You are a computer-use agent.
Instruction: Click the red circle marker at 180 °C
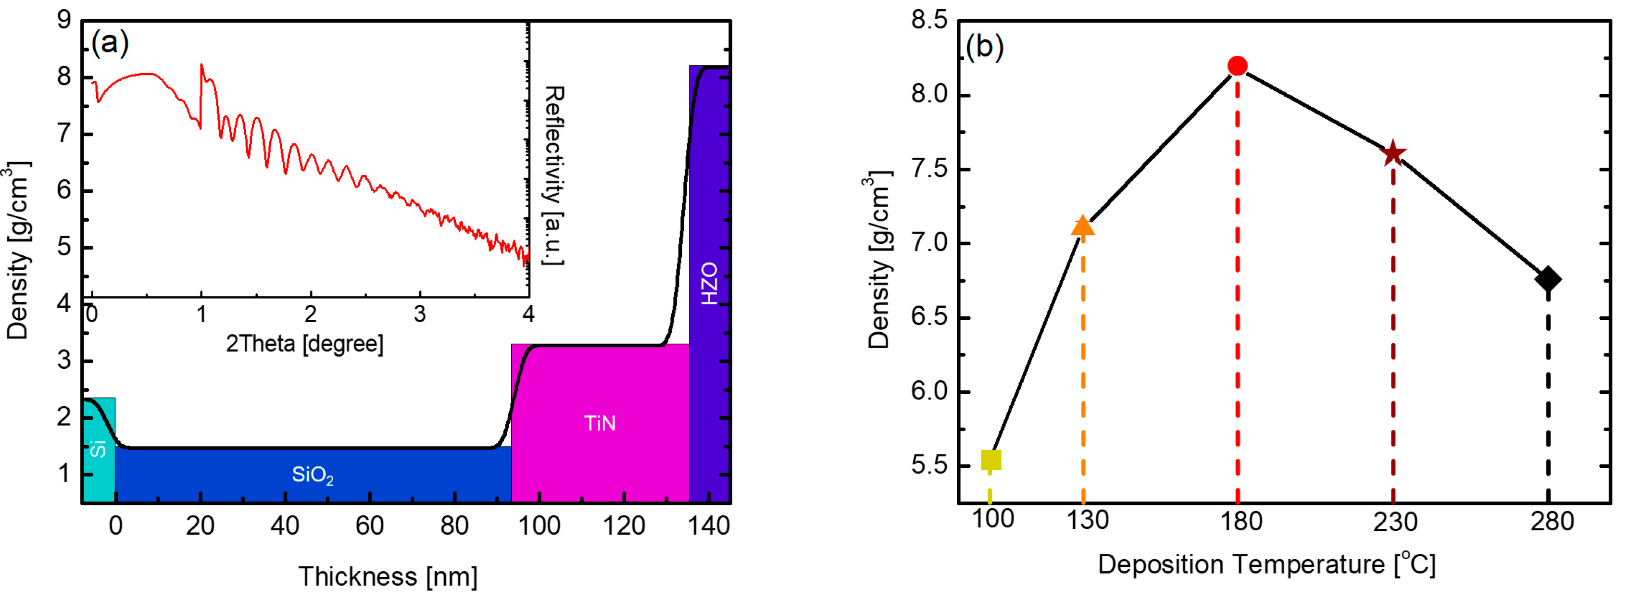(x=1237, y=66)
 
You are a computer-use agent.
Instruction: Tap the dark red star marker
(x=1393, y=154)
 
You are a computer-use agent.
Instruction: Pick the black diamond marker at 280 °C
(x=1548, y=278)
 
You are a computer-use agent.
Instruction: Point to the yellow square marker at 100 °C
(x=991, y=460)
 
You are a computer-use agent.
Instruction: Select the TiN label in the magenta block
(x=599, y=423)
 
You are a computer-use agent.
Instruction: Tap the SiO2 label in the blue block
(x=313, y=475)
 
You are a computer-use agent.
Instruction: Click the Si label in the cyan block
(x=98, y=449)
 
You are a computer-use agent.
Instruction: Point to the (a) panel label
(x=110, y=43)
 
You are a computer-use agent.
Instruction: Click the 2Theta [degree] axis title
(x=304, y=343)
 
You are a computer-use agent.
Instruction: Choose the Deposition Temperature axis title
(x=1266, y=563)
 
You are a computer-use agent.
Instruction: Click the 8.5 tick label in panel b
(x=929, y=21)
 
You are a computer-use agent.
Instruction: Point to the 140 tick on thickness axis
(x=709, y=525)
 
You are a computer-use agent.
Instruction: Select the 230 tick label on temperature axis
(x=1394, y=521)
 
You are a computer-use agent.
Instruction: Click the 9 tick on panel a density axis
(x=64, y=20)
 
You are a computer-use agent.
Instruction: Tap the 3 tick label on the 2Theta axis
(x=420, y=314)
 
